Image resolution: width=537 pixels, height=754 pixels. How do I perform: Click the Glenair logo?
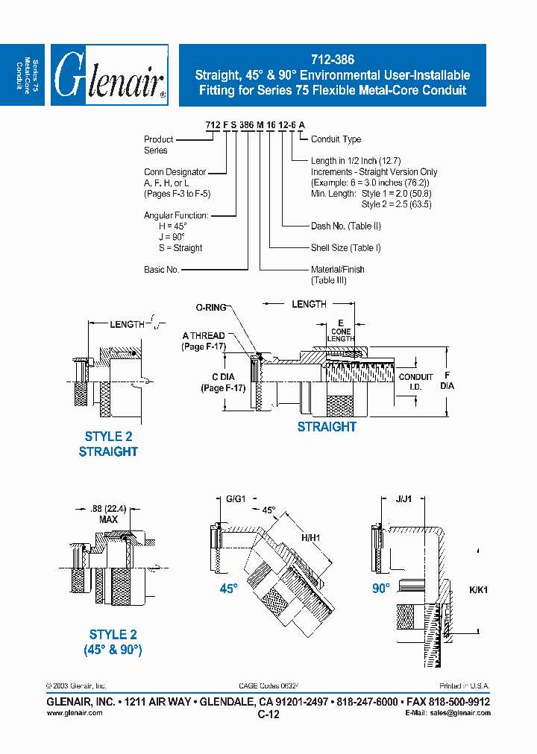[x=110, y=75]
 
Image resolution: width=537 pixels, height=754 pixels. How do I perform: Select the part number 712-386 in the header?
[x=333, y=60]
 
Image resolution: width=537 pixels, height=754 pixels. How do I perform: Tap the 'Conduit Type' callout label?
[x=336, y=139]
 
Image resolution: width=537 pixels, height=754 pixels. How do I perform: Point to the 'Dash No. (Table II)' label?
[x=346, y=226]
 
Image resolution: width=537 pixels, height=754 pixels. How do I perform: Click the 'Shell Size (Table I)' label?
[x=345, y=248]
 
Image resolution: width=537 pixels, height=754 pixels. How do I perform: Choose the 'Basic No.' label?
[x=162, y=270]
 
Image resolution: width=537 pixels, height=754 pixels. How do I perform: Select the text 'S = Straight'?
[x=176, y=248]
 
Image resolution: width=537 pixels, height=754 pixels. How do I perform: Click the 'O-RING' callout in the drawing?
[x=210, y=307]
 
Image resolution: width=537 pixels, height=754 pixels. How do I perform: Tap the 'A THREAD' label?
[x=203, y=336]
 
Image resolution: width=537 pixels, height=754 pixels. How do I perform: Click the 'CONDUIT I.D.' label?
[x=415, y=381]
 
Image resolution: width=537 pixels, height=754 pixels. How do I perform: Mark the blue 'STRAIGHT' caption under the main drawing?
[x=327, y=427]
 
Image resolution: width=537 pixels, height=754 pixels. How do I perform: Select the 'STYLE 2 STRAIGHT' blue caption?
[x=108, y=444]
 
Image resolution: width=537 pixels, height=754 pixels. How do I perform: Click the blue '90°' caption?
[x=381, y=588]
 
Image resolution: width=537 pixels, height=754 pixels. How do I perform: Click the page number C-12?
[x=268, y=714]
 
